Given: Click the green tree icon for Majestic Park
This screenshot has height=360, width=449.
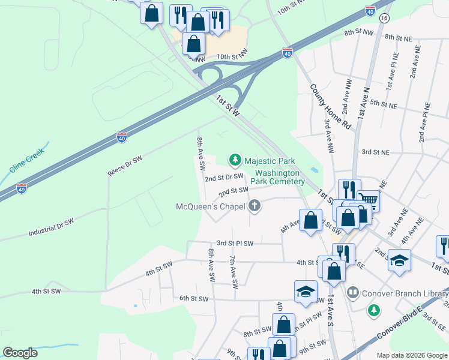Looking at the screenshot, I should pos(235,160).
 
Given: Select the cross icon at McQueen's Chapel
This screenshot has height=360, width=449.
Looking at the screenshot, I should pos(255,206).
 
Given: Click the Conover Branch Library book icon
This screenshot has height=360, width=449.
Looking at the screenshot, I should pos(352,293).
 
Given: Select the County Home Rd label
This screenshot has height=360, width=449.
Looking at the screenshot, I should pos(330,106).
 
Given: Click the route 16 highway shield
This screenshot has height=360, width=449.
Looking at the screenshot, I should pos(384,18).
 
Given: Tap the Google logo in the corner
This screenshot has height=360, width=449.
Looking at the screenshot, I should pos(20,353).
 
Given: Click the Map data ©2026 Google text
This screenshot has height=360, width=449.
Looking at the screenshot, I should pos(412,355).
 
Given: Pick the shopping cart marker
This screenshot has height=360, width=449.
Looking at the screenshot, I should pos(369,200).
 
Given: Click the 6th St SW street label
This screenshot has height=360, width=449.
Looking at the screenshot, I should pos(193,298).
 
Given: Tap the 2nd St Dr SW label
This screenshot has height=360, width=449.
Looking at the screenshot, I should pos(223,178).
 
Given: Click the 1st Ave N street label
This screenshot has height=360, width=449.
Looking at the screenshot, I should pos(363,101).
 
